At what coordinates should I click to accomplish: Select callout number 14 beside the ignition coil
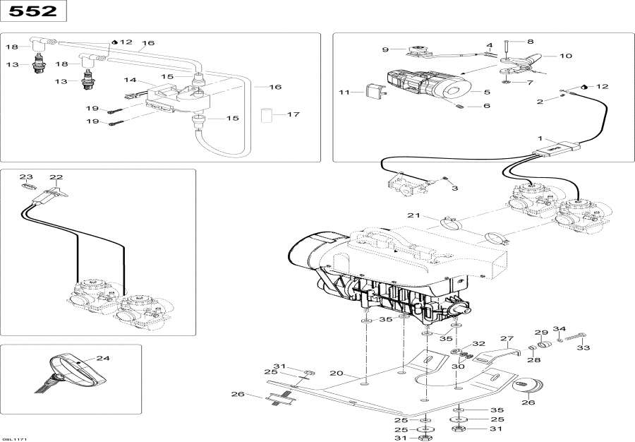[x=130, y=80]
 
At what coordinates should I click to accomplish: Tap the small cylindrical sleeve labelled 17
[x=267, y=114]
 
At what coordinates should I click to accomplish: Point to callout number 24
[x=103, y=358]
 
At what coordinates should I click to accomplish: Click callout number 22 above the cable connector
[x=56, y=177]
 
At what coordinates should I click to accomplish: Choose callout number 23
[x=25, y=177]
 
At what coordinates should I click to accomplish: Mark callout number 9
[x=385, y=49]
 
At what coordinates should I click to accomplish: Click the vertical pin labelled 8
[x=506, y=51]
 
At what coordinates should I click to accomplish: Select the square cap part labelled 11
[x=371, y=90]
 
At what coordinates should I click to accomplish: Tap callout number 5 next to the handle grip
[x=486, y=92]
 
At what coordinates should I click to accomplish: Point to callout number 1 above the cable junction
[x=541, y=138]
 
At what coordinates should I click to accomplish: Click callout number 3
[x=454, y=189]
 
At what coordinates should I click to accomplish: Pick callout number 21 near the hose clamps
[x=413, y=215]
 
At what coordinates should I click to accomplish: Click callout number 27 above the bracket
[x=507, y=339]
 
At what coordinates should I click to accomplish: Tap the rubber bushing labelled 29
[x=543, y=345]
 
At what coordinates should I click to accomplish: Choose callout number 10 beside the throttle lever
[x=566, y=56]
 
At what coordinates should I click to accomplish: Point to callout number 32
[x=478, y=343]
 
